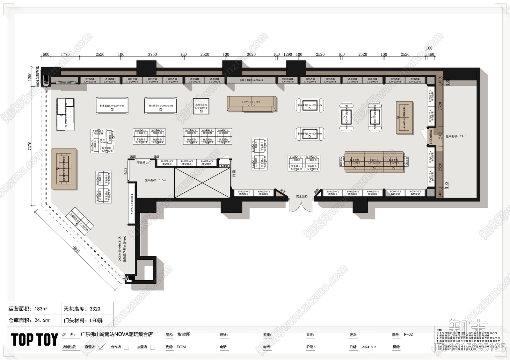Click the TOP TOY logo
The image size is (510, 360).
tap(34, 340)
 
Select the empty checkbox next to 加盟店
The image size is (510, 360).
tap(153, 347)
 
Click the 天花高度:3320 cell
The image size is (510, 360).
tap(82, 309)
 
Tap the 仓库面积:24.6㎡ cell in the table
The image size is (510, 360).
tap(29, 320)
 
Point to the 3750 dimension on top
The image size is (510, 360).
tap(152, 54)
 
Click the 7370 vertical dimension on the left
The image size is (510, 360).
tap(30, 146)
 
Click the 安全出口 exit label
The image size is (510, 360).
tap(302, 196)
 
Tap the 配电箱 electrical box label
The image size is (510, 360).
tap(225, 166)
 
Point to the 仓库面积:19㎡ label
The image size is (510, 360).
tap(455, 136)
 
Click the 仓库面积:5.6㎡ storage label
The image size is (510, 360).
tap(155, 180)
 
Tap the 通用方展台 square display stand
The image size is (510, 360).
tap(201, 106)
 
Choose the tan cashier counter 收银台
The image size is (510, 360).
tap(251, 104)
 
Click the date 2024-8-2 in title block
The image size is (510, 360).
tap(369, 347)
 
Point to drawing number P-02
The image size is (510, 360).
tap(408, 335)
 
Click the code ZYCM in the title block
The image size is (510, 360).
tap(181, 347)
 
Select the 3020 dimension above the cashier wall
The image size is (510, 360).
tap(251, 54)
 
